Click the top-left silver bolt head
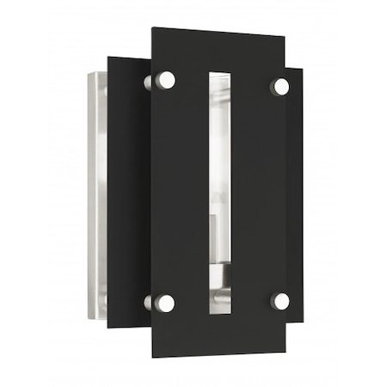(166, 80)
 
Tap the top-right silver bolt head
(281, 86)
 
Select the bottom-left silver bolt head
(165, 303)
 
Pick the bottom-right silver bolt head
(280, 301)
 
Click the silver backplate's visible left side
(96, 198)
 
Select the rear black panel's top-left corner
(108, 58)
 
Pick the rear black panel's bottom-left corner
(108, 327)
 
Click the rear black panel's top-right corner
(303, 69)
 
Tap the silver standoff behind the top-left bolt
(150, 82)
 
